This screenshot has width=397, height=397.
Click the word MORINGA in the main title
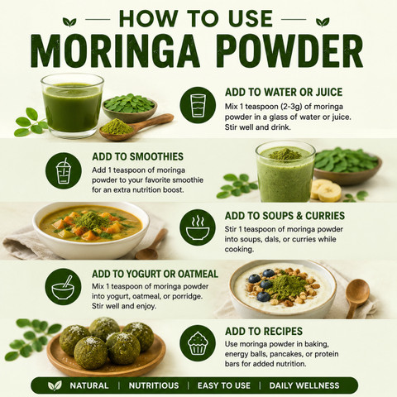[115, 51]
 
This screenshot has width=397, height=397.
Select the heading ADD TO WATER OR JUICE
[284, 92]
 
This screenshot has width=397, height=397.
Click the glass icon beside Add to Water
[198, 105]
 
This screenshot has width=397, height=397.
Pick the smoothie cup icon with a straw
[64, 170]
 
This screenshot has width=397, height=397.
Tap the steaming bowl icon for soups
[198, 227]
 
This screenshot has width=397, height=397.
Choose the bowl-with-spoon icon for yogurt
[63, 287]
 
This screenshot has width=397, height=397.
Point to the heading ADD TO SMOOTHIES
[137, 156]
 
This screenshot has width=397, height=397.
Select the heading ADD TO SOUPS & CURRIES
[285, 216]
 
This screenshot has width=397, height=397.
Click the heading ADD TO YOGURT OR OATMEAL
[155, 274]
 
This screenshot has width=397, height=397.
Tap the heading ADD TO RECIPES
[264, 331]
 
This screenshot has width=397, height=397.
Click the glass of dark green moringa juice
[73, 106]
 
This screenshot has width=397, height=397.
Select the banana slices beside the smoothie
[326, 190]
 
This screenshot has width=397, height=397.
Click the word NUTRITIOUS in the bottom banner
[154, 385]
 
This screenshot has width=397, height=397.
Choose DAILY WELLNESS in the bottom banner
[304, 385]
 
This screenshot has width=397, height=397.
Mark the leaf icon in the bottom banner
[55, 385]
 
